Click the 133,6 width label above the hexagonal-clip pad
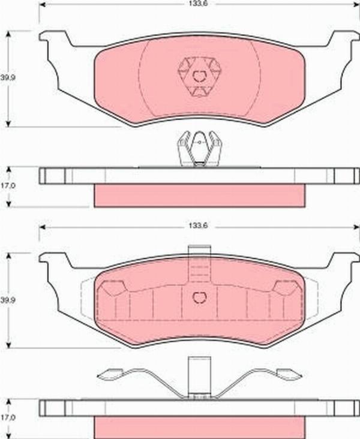(193, 4)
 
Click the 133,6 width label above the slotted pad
(193, 227)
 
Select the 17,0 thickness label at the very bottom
(7, 416)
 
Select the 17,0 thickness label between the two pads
(7, 186)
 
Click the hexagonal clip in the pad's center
(199, 76)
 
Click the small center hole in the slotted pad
(199, 297)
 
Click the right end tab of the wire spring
(290, 375)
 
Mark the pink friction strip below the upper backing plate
(199, 196)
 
